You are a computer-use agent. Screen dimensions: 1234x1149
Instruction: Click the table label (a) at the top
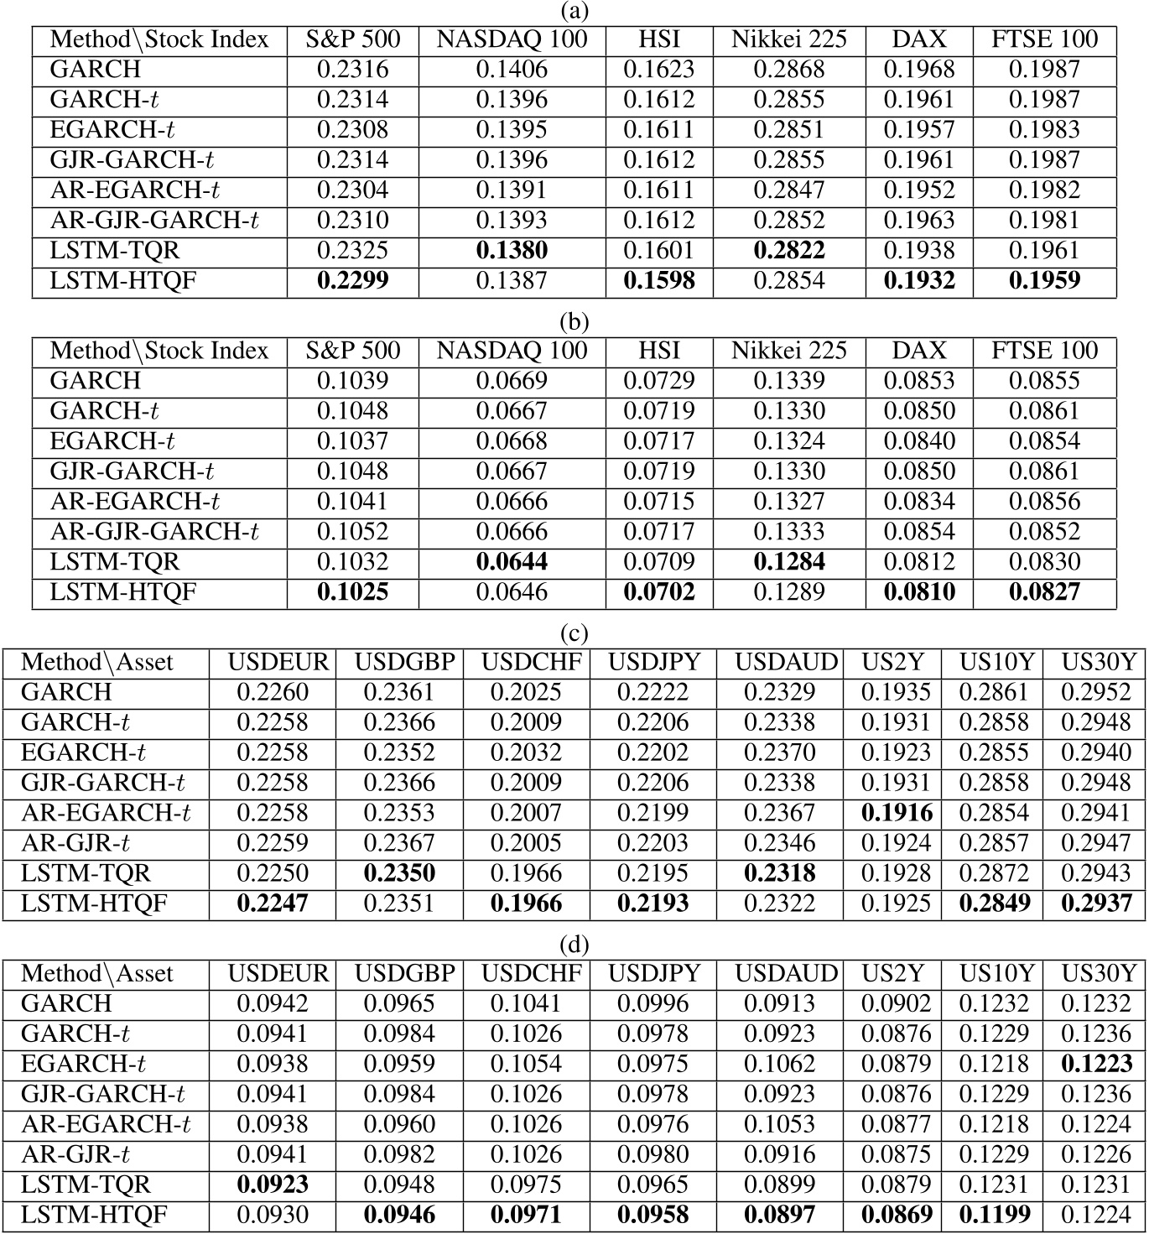(574, 11)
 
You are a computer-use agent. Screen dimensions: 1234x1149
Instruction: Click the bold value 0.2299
(352, 280)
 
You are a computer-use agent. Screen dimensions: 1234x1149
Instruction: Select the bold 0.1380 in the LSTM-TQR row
(512, 250)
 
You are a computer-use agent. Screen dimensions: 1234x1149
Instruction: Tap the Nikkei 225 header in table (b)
(788, 351)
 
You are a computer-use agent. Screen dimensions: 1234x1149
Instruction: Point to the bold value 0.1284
(788, 561)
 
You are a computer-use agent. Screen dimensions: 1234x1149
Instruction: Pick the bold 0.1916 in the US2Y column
(896, 812)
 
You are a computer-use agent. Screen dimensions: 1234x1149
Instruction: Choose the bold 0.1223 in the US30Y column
(1096, 1064)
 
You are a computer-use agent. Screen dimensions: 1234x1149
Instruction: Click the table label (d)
(574, 945)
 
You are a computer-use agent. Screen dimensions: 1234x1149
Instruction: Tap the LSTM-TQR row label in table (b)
(115, 561)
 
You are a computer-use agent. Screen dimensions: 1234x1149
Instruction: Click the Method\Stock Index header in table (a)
(159, 39)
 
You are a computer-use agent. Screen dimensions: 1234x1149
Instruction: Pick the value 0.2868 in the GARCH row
(788, 69)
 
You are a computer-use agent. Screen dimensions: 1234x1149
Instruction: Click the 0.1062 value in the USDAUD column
(779, 1064)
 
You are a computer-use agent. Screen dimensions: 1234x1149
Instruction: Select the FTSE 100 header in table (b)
(1044, 351)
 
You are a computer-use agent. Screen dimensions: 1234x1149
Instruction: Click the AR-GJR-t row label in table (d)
(75, 1154)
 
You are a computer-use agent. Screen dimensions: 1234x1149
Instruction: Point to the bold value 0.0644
(512, 561)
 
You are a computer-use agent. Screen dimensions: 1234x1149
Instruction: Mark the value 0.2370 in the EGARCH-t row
(779, 752)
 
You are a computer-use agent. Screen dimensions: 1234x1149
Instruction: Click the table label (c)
(574, 633)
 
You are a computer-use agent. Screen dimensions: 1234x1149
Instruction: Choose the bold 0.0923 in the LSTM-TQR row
(273, 1185)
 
